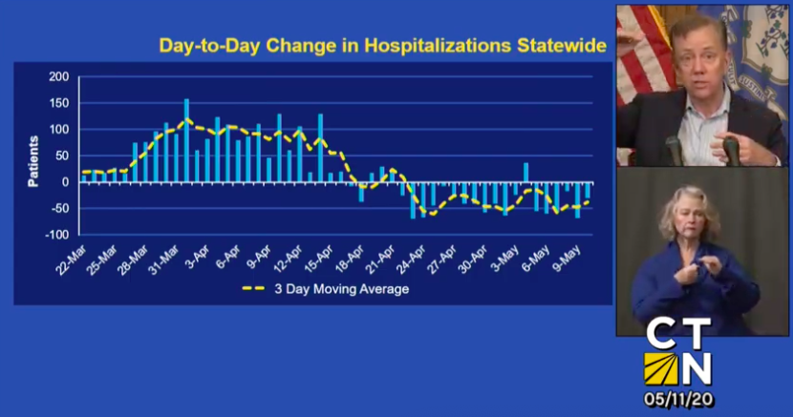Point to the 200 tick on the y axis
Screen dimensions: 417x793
59,76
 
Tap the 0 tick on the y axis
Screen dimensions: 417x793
66,182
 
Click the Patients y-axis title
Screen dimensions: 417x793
33,160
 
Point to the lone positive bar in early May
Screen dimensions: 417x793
525,172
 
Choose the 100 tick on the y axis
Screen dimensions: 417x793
59,129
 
